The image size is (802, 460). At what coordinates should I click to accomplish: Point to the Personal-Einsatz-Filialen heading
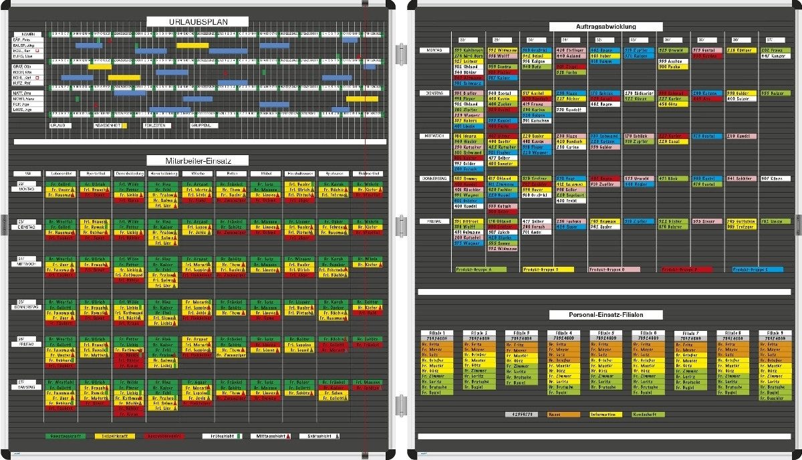click(x=606, y=314)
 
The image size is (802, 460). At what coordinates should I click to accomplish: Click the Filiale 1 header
click(x=437, y=333)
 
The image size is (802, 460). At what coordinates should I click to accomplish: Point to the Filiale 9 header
click(x=773, y=333)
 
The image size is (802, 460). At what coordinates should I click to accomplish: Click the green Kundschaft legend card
click(x=647, y=415)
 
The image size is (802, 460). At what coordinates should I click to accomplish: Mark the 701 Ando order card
click(x=537, y=232)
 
